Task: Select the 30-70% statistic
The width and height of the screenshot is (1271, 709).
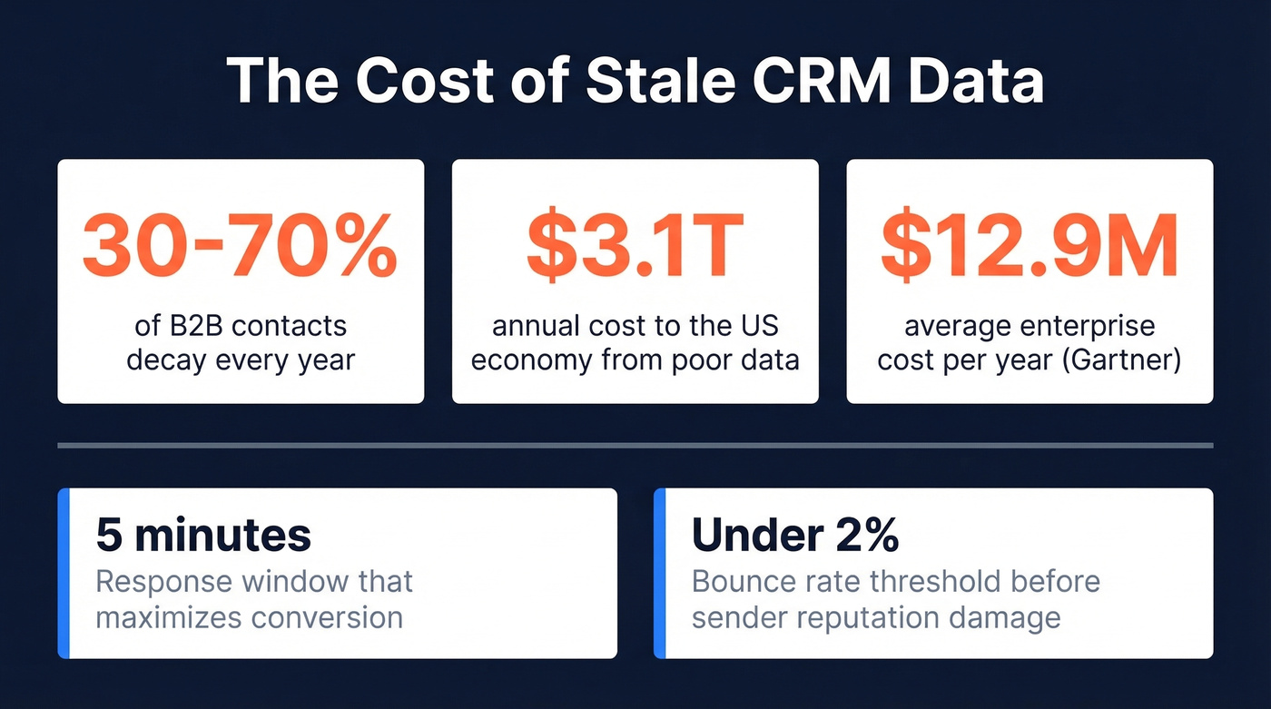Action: click(240, 246)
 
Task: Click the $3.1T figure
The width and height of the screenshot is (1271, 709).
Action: click(635, 246)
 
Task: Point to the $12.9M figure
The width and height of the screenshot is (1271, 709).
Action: click(1030, 246)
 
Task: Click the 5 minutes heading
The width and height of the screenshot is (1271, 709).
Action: click(203, 536)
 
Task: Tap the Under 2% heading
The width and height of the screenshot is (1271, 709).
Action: click(795, 536)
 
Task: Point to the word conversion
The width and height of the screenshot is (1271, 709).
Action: click(327, 617)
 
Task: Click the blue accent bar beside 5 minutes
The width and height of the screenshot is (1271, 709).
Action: click(64, 573)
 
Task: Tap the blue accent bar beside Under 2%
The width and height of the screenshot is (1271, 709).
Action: click(659, 573)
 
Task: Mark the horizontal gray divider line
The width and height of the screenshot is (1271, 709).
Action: click(635, 446)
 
